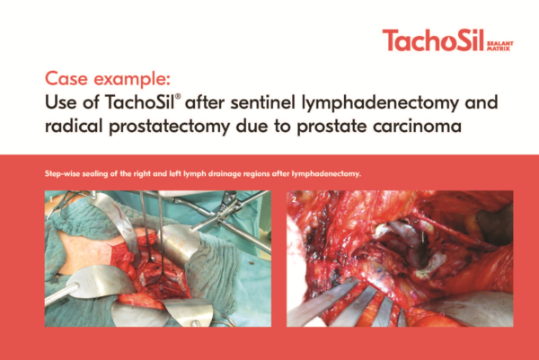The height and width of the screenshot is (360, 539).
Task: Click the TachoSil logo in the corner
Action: tap(447, 40)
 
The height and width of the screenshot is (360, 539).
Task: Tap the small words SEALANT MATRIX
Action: tap(500, 46)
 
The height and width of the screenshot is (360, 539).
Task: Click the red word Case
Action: tap(66, 79)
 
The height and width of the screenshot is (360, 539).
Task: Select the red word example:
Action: tap(132, 80)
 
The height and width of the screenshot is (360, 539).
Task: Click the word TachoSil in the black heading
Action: tap(139, 102)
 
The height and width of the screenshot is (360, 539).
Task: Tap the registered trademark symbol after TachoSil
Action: tap(178, 96)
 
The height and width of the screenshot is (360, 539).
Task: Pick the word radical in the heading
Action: tap(74, 126)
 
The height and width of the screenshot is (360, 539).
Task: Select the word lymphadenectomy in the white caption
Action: tap(326, 174)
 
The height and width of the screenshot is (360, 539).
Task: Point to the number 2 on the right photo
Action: tap(294, 199)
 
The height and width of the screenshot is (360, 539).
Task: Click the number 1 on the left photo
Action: tap(51, 199)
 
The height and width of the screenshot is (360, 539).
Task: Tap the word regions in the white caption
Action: tap(256, 174)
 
